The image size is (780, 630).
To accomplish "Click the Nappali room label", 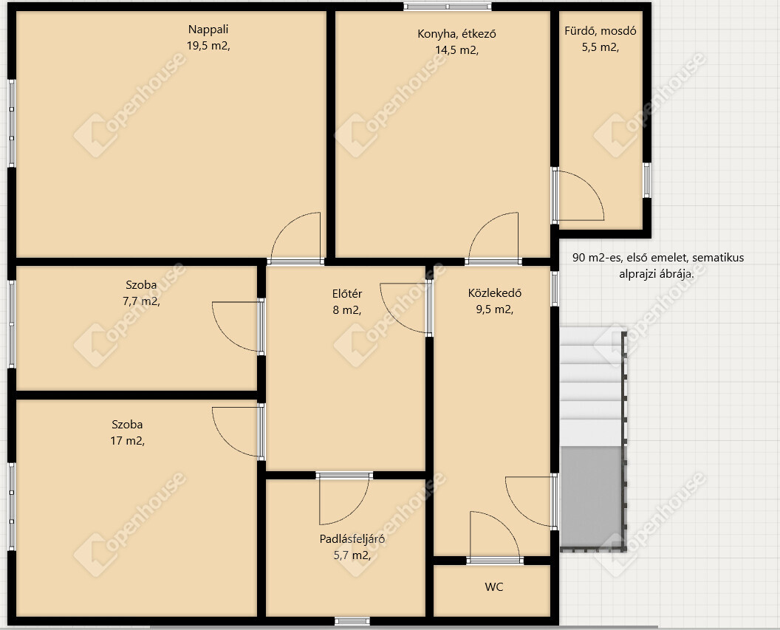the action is click(208, 30).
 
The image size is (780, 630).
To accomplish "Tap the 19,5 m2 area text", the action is click(208, 47).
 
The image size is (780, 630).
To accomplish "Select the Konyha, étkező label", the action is click(456, 34).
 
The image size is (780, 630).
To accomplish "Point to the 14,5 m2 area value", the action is click(456, 50).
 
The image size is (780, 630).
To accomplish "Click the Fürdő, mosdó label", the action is click(601, 31).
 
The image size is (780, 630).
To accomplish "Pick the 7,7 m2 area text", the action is click(141, 301).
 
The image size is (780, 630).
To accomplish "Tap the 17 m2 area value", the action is click(127, 440).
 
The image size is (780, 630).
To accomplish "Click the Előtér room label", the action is click(347, 294).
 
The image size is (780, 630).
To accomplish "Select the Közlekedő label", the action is click(494, 293).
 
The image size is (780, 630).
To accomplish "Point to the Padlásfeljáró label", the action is click(352, 539).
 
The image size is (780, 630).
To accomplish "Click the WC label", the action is click(494, 587).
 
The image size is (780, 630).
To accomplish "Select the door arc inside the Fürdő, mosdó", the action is click(592, 185).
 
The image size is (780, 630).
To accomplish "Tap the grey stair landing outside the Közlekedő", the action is click(592, 497).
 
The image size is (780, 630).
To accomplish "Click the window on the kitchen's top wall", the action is click(447, 7).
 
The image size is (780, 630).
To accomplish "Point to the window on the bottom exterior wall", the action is click(352, 621).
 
